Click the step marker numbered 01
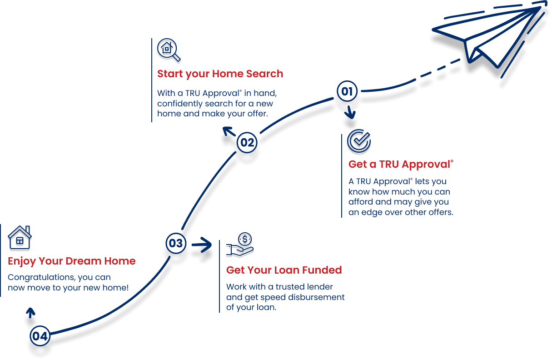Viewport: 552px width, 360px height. (347, 91)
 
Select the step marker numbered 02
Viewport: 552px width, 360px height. (248, 143)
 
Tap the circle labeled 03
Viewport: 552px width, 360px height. (175, 243)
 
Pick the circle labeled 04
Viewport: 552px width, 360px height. (40, 336)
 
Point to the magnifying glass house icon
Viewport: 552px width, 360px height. (169, 50)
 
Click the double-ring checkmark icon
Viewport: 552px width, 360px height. (359, 141)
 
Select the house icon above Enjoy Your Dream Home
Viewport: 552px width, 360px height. (20, 237)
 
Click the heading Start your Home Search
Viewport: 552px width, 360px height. (220, 74)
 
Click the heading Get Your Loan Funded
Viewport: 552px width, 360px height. (283, 270)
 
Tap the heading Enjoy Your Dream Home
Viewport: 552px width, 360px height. (72, 261)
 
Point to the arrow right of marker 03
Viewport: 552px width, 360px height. (202, 245)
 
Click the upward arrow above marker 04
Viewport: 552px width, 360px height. (30, 313)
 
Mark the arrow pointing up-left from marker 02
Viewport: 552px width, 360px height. (229, 132)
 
